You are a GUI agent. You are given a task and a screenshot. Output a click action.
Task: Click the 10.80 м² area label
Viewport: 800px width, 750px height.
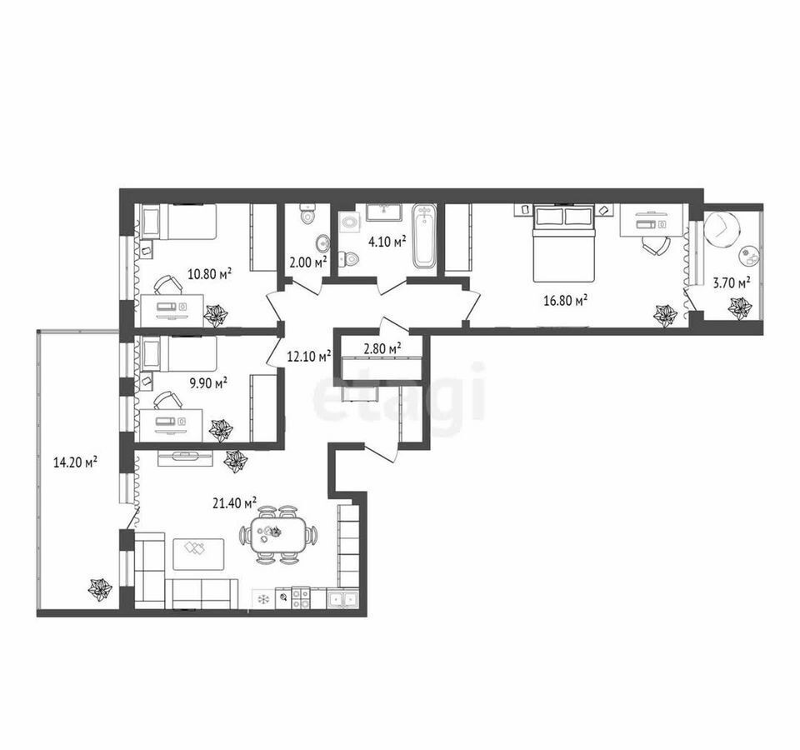pos(210,274)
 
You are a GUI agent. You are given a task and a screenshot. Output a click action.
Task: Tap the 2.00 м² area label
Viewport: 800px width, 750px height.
pos(307,262)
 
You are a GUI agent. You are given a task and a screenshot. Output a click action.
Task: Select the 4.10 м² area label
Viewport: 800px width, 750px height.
pos(387,241)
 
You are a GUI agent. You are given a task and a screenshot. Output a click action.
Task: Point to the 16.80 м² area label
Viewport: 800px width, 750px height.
pos(565,301)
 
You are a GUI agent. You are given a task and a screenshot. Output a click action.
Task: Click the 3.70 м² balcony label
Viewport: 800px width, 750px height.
pos(731,282)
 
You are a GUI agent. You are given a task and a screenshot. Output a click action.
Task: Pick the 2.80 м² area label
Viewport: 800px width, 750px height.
pos(382,348)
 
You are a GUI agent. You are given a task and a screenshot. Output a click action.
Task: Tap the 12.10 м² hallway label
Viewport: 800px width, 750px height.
pos(310,356)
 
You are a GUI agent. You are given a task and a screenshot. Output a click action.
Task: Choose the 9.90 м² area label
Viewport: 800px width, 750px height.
pos(208,382)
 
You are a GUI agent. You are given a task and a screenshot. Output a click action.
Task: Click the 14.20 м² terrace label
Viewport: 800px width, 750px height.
pos(76,462)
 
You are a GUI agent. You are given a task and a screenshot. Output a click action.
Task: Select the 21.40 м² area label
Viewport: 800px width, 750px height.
pos(234,503)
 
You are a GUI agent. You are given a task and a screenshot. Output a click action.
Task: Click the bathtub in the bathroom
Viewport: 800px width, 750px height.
pos(424,236)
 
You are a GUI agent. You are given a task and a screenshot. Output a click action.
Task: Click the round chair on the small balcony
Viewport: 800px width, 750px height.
pos(722,228)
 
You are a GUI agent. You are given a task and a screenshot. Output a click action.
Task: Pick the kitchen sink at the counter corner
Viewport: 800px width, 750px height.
pos(342,599)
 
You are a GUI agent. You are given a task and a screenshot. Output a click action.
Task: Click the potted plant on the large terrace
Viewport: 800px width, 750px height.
pos(99,589)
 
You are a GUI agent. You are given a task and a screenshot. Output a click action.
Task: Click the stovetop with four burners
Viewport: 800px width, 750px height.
pos(300,598)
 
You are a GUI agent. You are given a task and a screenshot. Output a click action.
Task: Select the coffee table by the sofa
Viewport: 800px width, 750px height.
pos(198,554)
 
